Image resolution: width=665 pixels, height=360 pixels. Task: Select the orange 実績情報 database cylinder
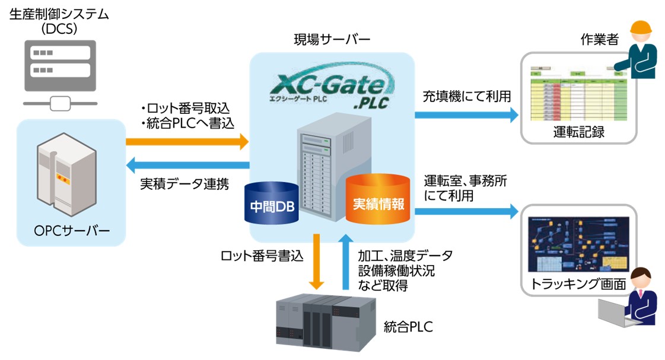pos(378,200)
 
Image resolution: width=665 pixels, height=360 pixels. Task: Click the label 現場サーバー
pos(332,40)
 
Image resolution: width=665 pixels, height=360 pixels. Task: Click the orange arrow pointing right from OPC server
pos(187,141)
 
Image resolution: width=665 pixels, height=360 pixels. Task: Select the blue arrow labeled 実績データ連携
pos(187,164)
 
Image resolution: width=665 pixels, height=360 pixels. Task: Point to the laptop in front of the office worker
pos(618,312)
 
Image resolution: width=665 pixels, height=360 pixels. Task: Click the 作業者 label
pos(599,40)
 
